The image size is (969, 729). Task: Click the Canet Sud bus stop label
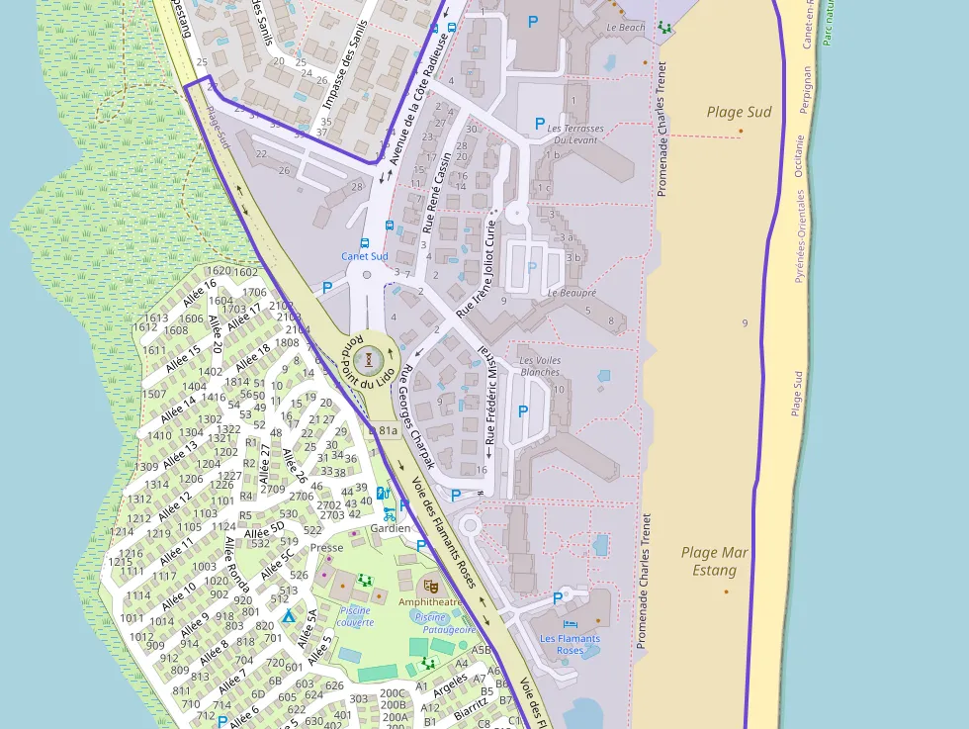coord(365,256)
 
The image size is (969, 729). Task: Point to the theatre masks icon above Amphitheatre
coord(430,586)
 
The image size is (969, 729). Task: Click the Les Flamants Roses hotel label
coord(570,645)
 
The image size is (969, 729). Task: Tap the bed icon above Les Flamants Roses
coord(570,624)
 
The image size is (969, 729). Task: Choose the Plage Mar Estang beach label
coord(715,562)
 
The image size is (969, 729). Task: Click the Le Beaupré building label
coord(572,293)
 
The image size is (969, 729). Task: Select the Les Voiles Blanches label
coord(539,366)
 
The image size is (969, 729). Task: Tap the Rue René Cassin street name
coord(436,191)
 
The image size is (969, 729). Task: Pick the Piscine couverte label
coord(355,616)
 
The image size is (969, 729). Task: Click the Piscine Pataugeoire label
coord(445,623)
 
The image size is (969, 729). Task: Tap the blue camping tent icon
coord(289,615)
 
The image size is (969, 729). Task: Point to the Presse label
coord(326,548)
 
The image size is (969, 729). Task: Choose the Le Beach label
coord(625,28)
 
